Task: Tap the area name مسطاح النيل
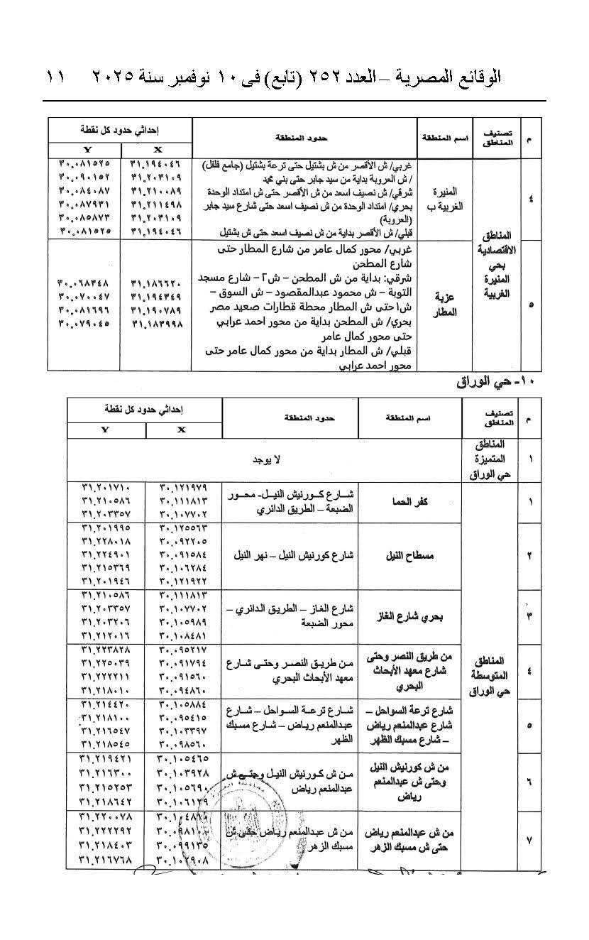(x=410, y=555)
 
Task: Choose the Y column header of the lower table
(x=106, y=430)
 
